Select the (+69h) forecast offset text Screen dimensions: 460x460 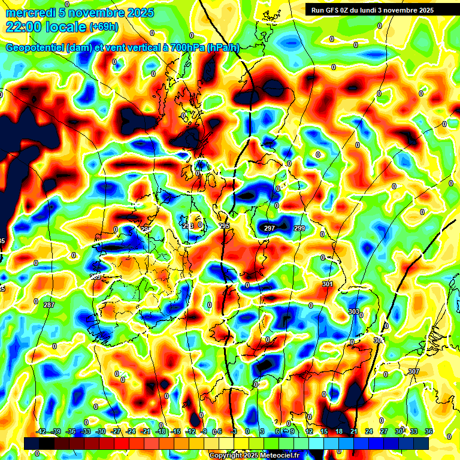(x=104, y=27)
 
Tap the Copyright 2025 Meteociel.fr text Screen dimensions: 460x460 (x=254, y=455)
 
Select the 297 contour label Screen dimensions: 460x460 (x=270, y=228)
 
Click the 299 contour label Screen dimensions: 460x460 (x=299, y=228)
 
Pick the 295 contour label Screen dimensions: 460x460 (x=224, y=226)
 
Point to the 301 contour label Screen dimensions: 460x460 (x=327, y=284)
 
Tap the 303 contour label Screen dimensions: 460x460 (x=354, y=312)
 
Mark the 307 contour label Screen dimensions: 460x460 (x=413, y=372)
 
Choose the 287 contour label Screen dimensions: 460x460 (x=49, y=305)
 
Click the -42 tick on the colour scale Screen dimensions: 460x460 (x=41, y=432)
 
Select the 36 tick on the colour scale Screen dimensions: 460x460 (x=428, y=432)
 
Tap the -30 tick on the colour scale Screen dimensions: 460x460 (x=101, y=432)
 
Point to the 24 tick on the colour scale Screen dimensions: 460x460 (x=369, y=432)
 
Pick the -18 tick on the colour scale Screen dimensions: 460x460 (x=161, y=432)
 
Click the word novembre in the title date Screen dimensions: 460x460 (x=97, y=13)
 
